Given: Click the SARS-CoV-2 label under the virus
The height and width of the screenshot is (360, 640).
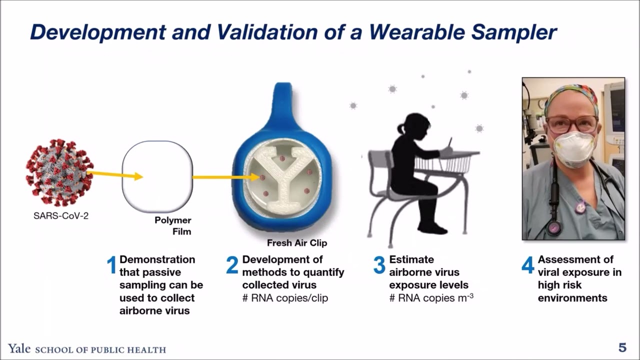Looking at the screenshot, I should click(61, 216).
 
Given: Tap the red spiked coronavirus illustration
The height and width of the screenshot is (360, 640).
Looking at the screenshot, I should click(59, 172).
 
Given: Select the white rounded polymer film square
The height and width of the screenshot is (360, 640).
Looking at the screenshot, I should click(157, 176).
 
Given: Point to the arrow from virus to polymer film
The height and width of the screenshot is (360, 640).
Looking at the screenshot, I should click(115, 175).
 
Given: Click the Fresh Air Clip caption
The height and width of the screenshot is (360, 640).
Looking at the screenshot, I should click(297, 243).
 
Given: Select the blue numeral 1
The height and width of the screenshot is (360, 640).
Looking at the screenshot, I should click(112, 265).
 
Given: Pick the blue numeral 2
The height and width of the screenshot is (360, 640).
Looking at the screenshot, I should click(232, 265).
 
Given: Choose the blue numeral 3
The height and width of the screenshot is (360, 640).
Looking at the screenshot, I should click(379, 265).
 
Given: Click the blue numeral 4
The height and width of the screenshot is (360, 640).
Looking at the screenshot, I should click(528, 265).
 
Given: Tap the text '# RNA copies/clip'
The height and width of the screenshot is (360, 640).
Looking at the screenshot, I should click(285, 298).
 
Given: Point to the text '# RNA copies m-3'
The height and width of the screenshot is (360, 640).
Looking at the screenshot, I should click(431, 298).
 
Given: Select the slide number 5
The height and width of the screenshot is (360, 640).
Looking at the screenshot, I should click(622, 348).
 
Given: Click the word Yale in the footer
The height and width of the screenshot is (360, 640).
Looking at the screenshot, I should click(19, 349).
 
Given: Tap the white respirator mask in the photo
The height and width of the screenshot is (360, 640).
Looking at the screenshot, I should click(574, 149).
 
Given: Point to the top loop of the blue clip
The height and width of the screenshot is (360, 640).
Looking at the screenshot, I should click(283, 100).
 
